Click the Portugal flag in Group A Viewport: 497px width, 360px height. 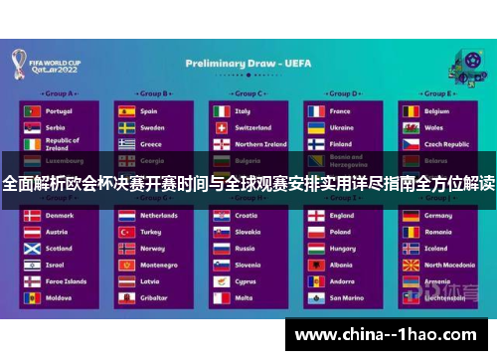pyautogui.click(x=32, y=111)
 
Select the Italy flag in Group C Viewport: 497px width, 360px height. pyautogui.click(x=221, y=111)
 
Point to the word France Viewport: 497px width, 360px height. pyautogui.click(x=340, y=111)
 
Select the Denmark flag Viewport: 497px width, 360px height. pyautogui.click(x=32, y=215)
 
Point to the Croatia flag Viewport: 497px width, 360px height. pyautogui.click(x=221, y=215)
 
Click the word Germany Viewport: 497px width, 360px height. pyautogui.click(x=438, y=215)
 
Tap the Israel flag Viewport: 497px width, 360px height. pyautogui.click(x=32, y=266)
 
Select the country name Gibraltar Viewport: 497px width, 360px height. pyautogui.click(x=153, y=297)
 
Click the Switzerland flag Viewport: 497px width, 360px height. pyautogui.click(x=221, y=127)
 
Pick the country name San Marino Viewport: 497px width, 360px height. pyautogui.click(x=346, y=297)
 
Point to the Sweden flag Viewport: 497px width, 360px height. pyautogui.click(x=126, y=127)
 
